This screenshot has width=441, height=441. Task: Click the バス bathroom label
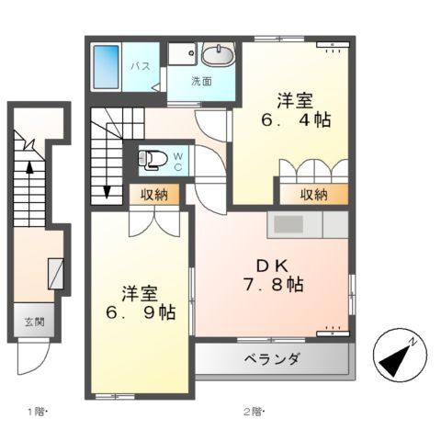pos(141,66)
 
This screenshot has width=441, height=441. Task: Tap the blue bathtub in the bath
pos(107,66)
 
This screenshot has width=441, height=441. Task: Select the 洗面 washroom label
pos(201,81)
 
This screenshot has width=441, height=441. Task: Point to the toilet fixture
pos(151,161)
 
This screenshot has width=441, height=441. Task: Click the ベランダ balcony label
pos(272,359)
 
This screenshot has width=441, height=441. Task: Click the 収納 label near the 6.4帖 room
pos(314,195)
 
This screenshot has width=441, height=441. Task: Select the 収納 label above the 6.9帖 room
pos(154,194)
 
